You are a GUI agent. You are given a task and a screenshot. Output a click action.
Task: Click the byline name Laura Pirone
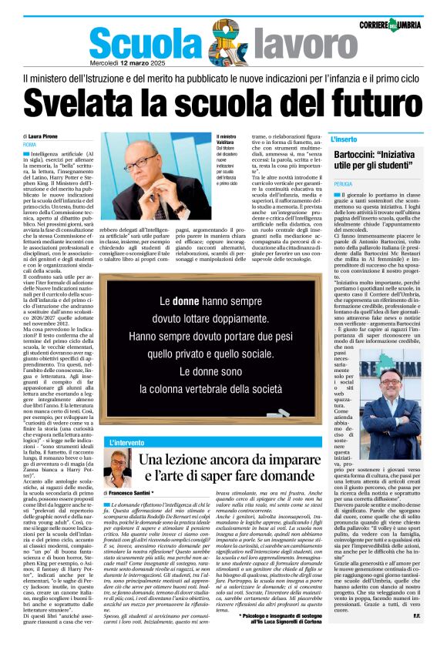click(53, 136)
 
